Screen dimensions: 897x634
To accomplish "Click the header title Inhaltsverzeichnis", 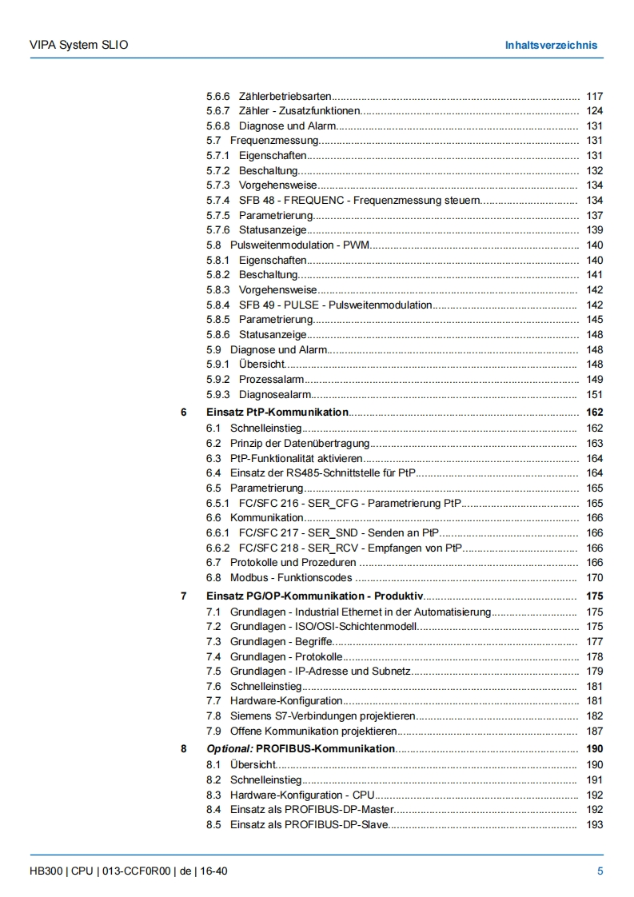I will click(550, 45).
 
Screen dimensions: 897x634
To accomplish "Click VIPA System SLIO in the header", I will click(73, 45).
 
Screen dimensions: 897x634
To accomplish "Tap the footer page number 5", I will click(600, 871).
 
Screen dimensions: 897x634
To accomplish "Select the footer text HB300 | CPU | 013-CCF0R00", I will click(101, 871).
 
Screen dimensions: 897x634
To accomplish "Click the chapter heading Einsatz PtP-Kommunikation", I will click(277, 413).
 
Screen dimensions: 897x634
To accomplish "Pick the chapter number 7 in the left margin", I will click(184, 596).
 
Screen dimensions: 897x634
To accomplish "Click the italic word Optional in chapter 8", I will click(229, 749).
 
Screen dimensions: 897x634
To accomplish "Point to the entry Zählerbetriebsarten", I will click(285, 96).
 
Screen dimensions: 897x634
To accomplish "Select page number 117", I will click(594, 96).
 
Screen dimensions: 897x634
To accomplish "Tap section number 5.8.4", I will click(217, 305).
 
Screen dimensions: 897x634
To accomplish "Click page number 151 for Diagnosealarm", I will click(594, 394).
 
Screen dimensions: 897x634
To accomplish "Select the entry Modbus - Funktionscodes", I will click(290, 577).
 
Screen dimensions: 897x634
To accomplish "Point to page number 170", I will click(594, 577).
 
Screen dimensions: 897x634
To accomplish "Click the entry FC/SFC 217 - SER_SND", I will click(340, 532).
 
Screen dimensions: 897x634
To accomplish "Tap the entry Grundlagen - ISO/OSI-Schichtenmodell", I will click(324, 627).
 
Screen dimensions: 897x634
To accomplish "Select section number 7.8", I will click(213, 716).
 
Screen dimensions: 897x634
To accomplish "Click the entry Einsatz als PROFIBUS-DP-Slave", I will click(309, 824).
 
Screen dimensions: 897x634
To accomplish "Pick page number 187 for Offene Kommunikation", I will click(594, 731).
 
